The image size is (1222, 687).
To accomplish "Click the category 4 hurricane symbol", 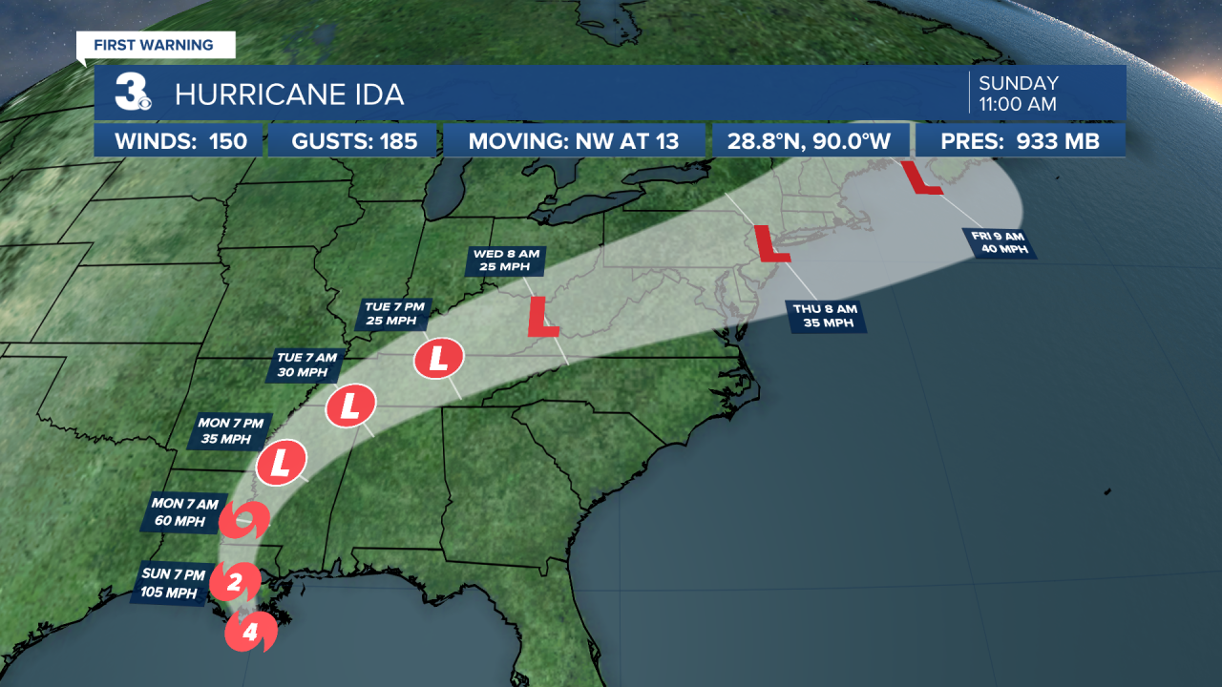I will (x=250, y=632).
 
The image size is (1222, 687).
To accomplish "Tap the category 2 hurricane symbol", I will (x=230, y=580).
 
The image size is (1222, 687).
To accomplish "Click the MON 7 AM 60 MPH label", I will (x=184, y=511).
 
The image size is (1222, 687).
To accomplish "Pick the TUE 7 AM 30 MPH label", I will (x=306, y=365).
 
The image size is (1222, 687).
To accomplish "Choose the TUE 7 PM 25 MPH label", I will (x=392, y=313).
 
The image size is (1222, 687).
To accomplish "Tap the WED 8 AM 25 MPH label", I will (x=502, y=260).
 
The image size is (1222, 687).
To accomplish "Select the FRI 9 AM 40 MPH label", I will (x=1001, y=243).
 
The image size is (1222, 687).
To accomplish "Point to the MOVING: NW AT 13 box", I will (x=574, y=141).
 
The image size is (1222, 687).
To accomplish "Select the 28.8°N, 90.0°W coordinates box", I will (x=811, y=141).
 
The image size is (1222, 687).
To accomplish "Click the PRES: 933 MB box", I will (x=1021, y=141).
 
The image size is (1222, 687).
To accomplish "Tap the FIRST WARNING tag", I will (x=155, y=45).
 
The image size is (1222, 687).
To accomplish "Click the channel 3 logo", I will (x=132, y=94).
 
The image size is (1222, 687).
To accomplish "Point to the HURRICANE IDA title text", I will (x=289, y=94).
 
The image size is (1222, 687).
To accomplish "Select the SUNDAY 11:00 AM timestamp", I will (x=1020, y=94).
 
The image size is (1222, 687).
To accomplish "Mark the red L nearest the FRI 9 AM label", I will (x=921, y=178).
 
